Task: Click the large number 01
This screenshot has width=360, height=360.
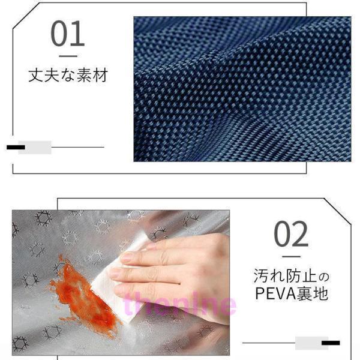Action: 67,33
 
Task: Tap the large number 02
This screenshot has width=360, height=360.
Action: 290,234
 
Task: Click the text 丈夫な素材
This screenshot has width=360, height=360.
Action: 68,75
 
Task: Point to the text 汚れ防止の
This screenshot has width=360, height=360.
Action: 292,276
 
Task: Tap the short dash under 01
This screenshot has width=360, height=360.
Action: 68,56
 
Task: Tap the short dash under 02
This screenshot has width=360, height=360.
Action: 292,257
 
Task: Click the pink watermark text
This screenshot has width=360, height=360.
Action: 179,304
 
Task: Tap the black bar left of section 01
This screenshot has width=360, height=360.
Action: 16,147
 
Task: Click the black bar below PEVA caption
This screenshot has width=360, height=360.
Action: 331,343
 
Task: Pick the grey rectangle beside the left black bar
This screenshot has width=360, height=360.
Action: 35,148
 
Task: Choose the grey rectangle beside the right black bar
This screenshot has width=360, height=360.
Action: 311,343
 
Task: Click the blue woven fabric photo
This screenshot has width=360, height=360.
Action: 242,89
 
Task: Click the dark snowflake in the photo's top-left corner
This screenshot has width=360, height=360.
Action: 43,218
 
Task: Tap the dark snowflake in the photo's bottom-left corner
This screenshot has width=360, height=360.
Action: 20,344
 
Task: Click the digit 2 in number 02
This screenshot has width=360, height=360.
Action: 300,234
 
